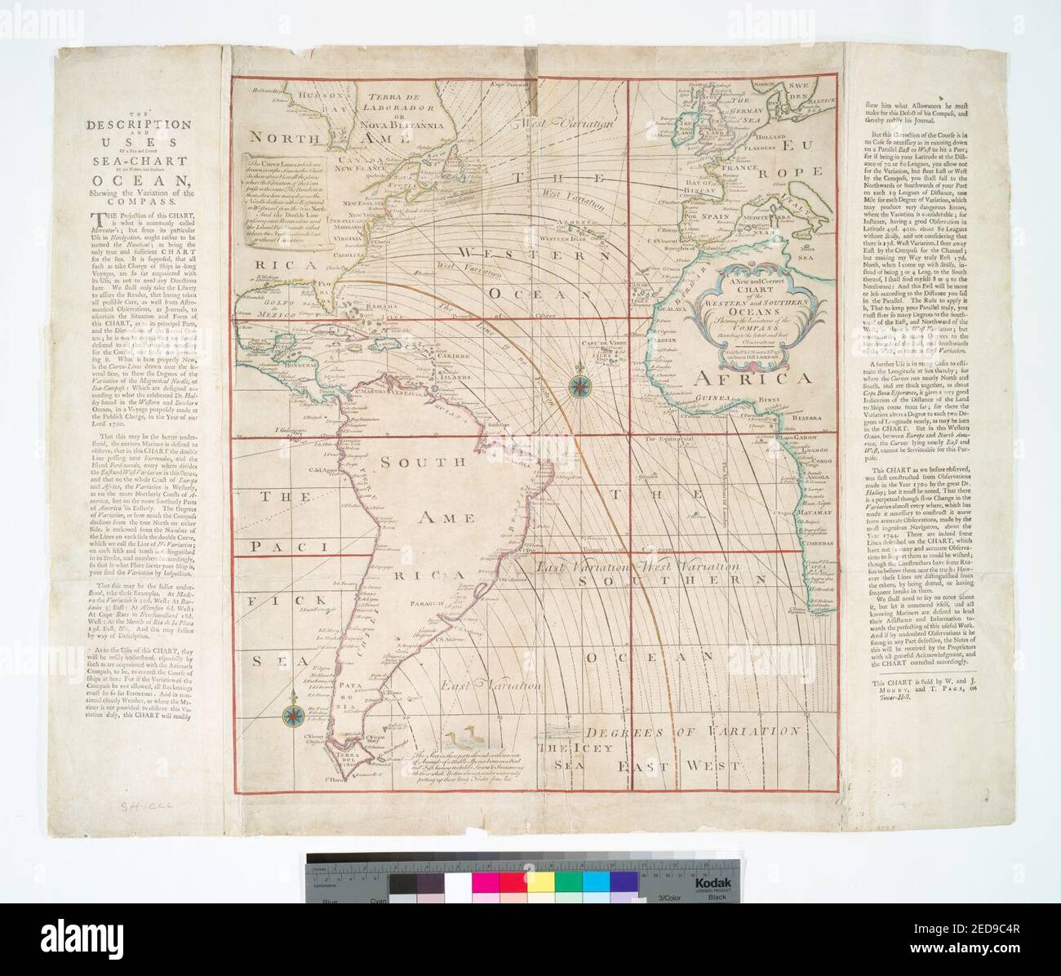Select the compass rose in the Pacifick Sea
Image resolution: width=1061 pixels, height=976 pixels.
291,714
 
